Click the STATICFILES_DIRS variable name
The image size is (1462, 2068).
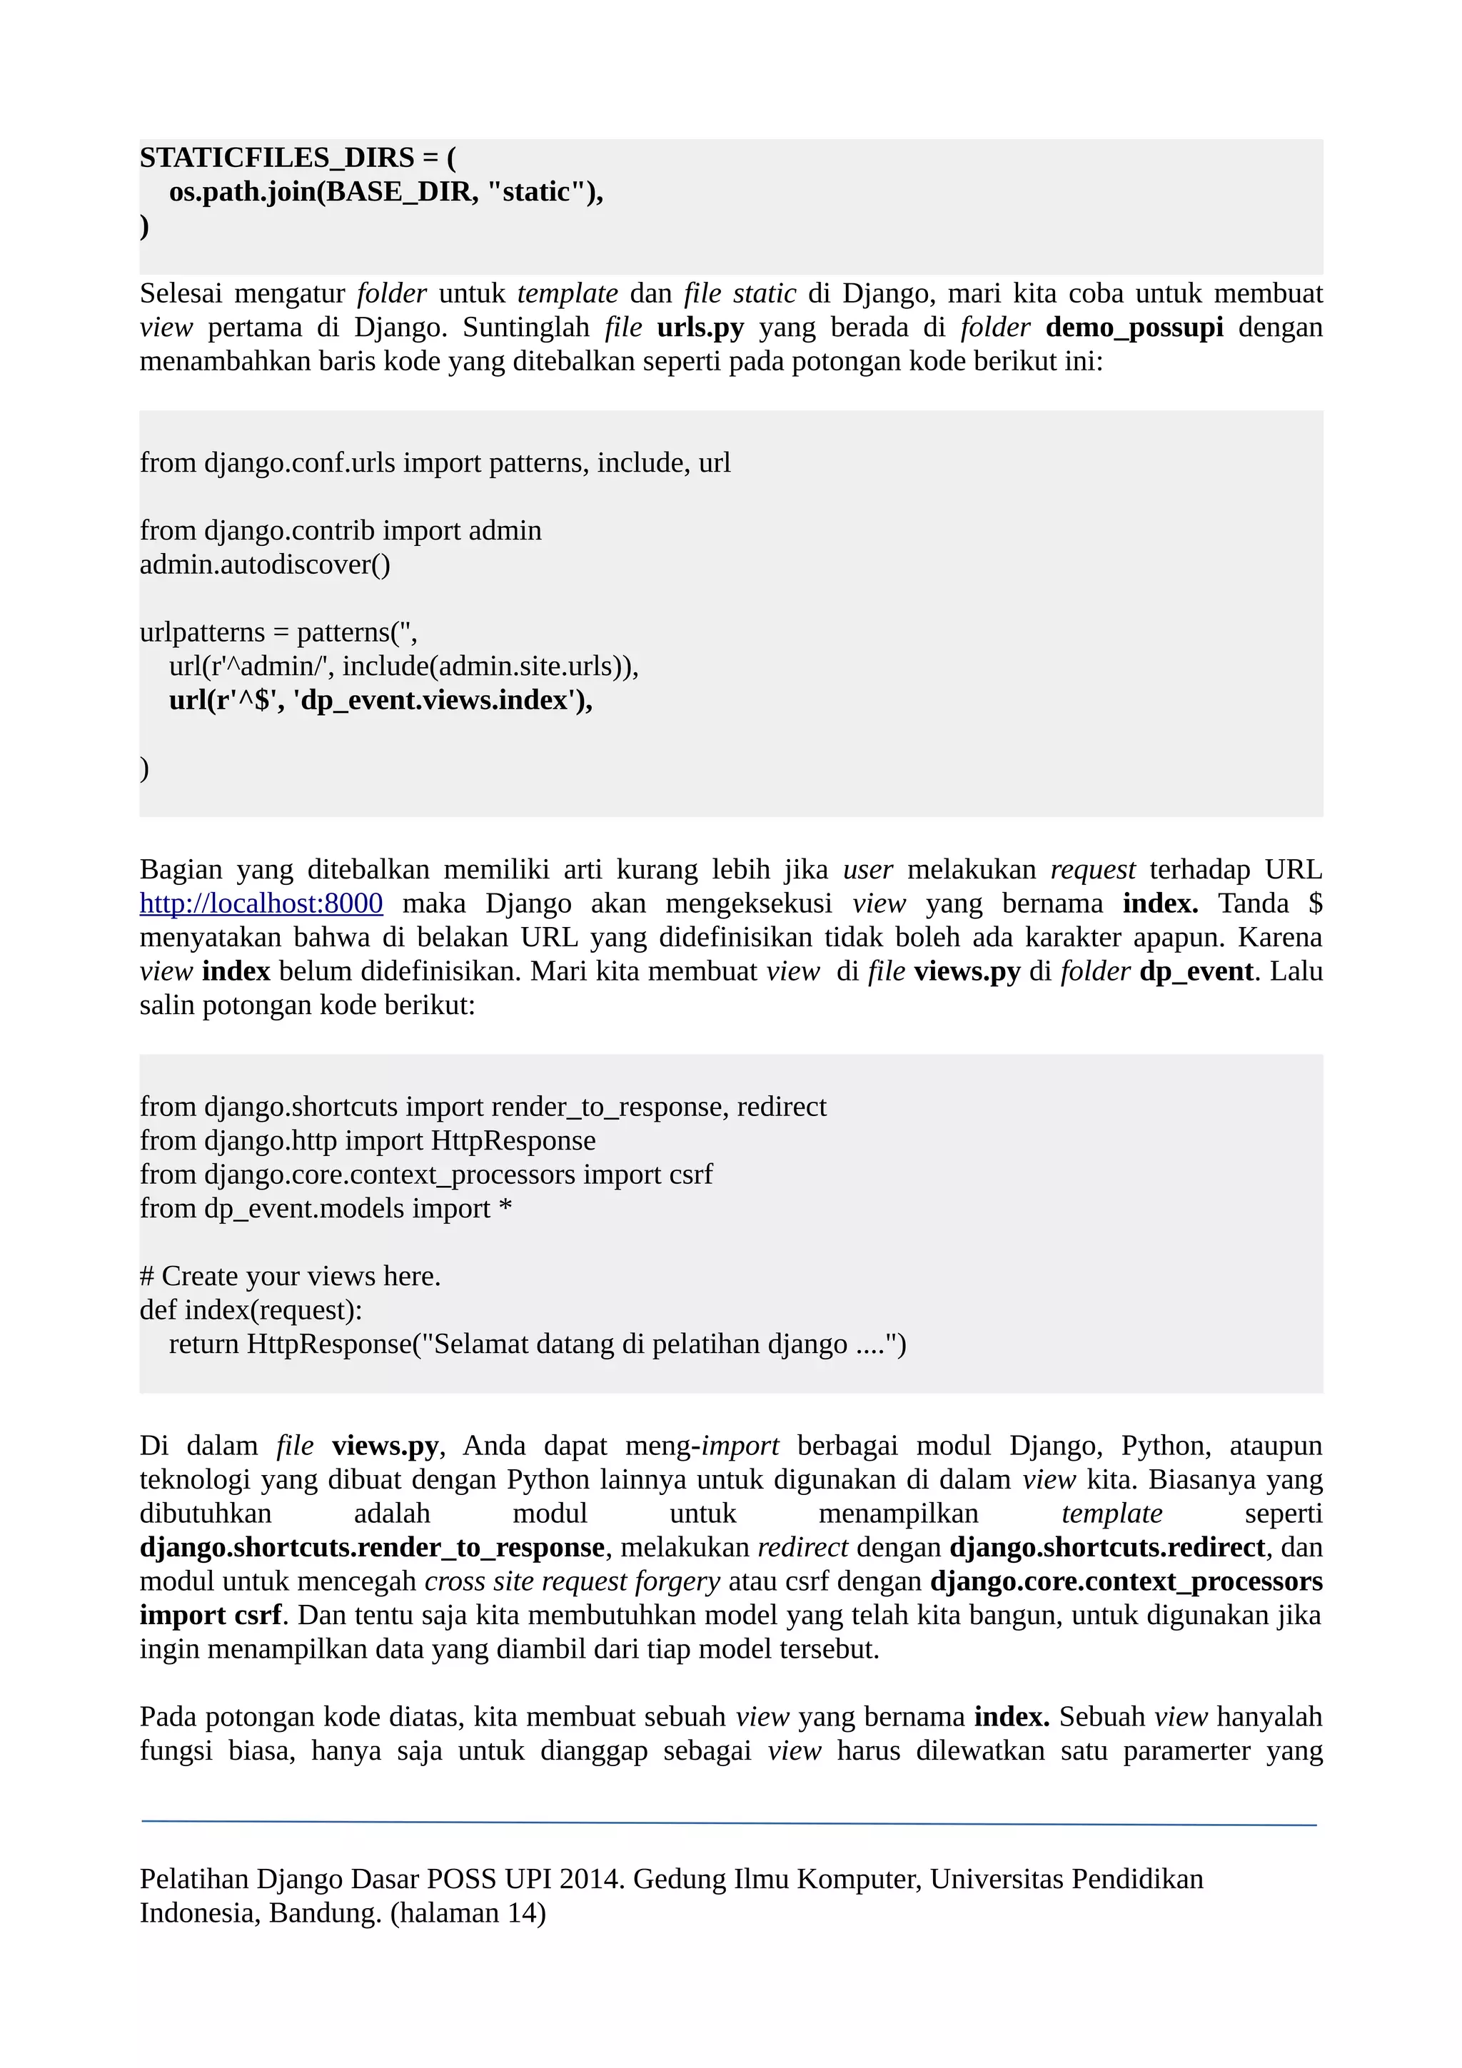coord(276,158)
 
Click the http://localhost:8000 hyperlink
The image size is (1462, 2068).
coord(261,903)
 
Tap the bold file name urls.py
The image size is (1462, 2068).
coord(700,327)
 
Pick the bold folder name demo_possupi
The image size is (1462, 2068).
coord(1134,327)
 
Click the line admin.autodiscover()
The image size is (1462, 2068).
coord(265,564)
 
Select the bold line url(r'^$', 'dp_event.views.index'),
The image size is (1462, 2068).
coord(380,700)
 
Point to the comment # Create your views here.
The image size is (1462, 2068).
coord(290,1277)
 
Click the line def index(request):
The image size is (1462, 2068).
coord(251,1309)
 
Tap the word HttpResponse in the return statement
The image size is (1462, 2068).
coord(329,1344)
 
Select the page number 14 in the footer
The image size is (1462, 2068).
coord(522,1913)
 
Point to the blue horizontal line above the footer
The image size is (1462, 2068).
coord(730,1823)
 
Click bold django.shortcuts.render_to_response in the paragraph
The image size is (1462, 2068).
coord(372,1547)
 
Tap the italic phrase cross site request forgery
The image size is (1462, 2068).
coord(572,1581)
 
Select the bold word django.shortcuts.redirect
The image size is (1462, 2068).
coord(1107,1547)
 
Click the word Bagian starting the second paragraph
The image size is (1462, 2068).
coord(180,870)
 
